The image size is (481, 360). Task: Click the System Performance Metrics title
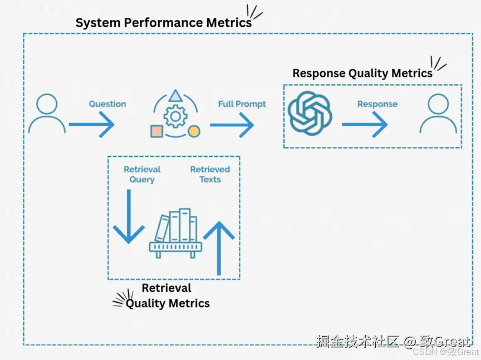point(164,23)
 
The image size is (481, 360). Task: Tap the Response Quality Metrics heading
point(362,73)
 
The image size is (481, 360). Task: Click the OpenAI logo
point(310,114)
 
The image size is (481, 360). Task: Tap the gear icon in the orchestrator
point(175,117)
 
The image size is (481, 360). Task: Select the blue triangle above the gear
point(175,96)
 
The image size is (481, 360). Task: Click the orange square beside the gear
point(156,131)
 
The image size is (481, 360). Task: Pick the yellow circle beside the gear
point(194,131)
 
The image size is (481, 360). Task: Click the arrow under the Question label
point(92,125)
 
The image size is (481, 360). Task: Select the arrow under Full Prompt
point(232,125)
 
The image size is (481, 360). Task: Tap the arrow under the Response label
point(365,125)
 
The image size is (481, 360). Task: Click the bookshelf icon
point(175,234)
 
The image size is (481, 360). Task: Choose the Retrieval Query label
point(142,174)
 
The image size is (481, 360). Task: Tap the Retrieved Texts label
point(210,174)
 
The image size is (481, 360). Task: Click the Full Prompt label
point(242,104)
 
